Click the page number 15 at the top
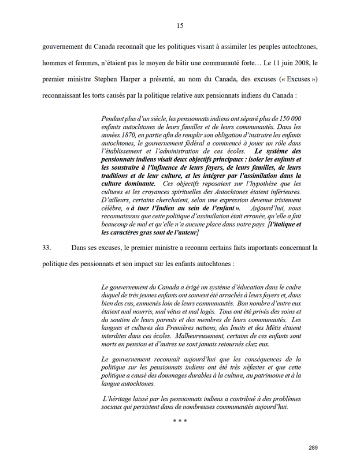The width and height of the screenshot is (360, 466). click(180, 25)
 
